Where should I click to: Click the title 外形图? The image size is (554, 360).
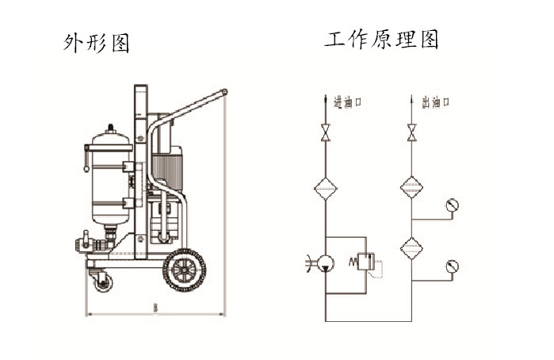click(x=96, y=42)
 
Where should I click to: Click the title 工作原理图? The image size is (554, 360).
click(x=381, y=40)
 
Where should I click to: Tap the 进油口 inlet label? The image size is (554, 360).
click(x=348, y=102)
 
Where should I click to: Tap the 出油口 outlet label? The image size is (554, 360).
click(x=436, y=102)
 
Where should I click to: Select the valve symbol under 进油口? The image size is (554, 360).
click(x=325, y=132)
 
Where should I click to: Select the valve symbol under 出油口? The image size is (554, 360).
click(x=411, y=132)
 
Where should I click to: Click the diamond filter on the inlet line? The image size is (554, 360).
click(x=325, y=188)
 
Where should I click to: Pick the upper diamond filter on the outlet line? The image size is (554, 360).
click(x=411, y=188)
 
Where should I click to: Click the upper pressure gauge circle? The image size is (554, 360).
click(x=453, y=206)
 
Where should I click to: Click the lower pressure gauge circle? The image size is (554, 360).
click(x=453, y=266)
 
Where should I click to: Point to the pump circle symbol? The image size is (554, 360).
click(x=325, y=263)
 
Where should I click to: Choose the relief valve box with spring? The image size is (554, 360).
click(x=364, y=262)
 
